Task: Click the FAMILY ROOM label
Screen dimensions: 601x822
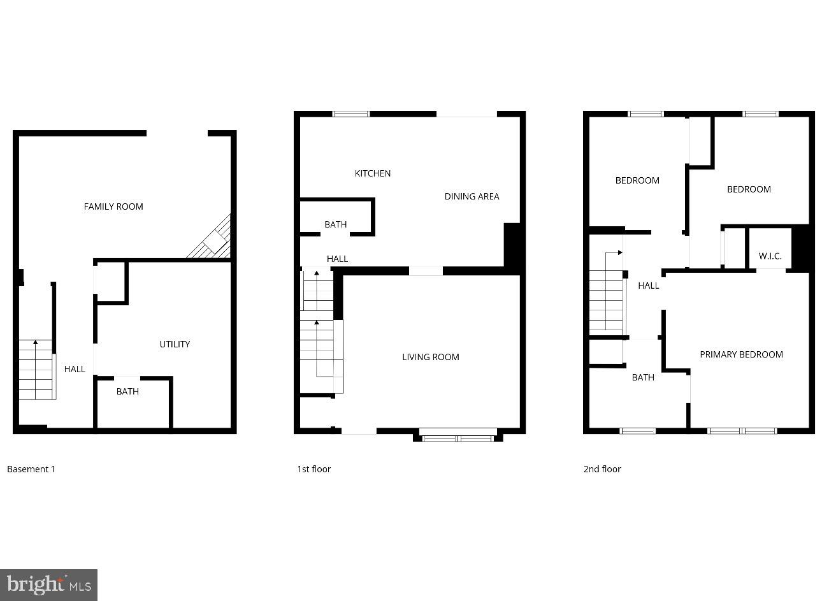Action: pos(113,206)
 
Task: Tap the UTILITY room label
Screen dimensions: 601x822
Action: pos(175,344)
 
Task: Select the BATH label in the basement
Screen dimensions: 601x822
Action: pos(127,391)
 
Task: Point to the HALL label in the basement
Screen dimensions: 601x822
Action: pos(75,369)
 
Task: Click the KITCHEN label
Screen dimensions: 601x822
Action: pos(373,173)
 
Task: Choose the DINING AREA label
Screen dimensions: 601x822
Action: pos(472,196)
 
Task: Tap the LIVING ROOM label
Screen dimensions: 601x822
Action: pos(430,357)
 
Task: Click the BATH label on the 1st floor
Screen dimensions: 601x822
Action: pos(336,224)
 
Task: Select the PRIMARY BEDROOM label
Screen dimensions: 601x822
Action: pos(741,354)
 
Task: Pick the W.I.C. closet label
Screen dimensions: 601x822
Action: pos(770,256)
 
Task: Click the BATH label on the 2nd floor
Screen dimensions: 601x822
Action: pos(643,377)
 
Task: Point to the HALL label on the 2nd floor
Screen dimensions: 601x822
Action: pos(649,286)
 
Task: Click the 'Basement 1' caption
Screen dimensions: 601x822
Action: pos(31,469)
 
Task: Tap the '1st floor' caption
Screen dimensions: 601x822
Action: pos(314,469)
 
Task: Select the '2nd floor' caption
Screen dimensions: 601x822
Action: pos(602,469)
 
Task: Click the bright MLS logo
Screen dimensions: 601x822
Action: pos(48,585)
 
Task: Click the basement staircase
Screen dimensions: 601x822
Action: pos(36,370)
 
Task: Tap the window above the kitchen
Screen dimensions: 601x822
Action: pos(351,114)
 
